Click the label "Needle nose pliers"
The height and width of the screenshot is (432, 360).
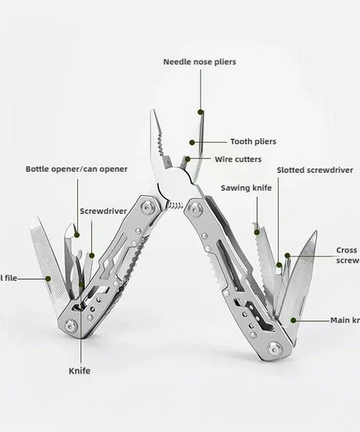tap(199, 62)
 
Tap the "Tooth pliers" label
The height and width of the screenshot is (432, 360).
tap(252, 141)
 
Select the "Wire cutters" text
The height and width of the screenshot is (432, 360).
tap(237, 159)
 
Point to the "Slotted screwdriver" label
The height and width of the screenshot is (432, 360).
tap(314, 170)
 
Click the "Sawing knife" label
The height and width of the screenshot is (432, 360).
tap(246, 187)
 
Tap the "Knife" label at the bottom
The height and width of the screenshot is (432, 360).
tap(80, 370)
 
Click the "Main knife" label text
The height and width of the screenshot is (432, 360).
tap(344, 320)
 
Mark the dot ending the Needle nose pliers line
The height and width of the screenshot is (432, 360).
tap(200, 112)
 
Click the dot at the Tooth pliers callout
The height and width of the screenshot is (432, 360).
tap(193, 142)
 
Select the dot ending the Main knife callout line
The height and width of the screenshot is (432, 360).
tap(294, 320)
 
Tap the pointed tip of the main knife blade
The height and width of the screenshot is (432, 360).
tap(315, 231)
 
